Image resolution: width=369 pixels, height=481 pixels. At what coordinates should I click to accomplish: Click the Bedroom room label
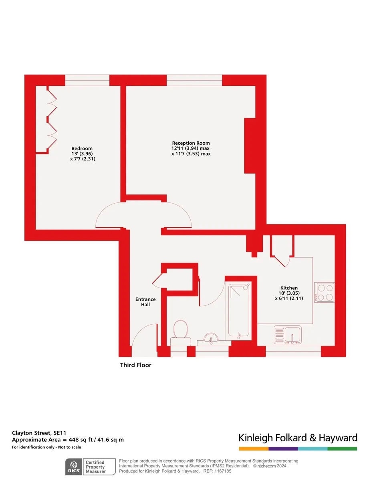pos(82,148)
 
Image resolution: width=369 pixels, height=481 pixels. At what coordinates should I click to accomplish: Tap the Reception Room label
pos(191,143)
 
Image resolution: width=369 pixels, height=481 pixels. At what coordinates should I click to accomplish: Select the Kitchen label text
pos(289,288)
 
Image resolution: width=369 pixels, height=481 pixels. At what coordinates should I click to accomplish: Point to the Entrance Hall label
pos(145,302)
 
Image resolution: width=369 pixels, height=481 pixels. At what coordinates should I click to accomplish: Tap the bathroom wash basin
pos(211,339)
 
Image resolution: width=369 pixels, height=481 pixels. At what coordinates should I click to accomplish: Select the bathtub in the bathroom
pos(239,311)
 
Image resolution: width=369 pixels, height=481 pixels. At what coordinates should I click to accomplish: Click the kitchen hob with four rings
pos(324,292)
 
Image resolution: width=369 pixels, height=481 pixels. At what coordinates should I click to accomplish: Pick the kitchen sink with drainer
pos(288,335)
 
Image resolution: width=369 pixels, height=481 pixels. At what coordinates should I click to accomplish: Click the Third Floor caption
pos(135,365)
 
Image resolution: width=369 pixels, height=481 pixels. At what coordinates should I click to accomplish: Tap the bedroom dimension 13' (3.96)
pos(82,154)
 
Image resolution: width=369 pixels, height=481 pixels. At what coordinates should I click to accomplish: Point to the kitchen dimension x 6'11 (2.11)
pos(289,298)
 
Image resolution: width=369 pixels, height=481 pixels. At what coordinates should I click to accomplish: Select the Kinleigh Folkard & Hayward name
pos(298,438)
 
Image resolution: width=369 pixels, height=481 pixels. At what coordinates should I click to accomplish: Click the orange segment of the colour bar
pos(254,449)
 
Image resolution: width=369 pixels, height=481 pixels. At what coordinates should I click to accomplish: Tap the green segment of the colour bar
pos(342,449)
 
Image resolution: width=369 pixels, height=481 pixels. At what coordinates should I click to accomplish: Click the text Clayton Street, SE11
pos(39,433)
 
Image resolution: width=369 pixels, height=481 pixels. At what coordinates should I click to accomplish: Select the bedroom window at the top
pos(87,80)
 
